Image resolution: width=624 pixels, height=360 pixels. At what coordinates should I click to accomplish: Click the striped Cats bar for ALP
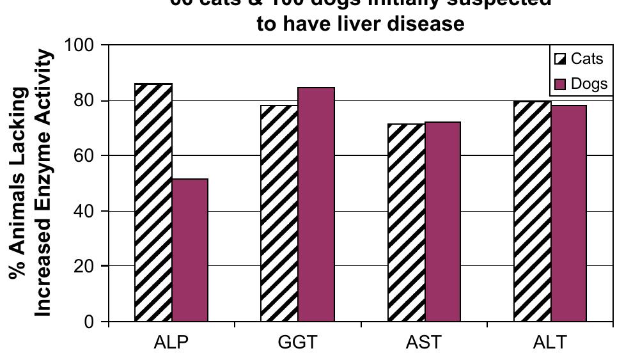point(153,202)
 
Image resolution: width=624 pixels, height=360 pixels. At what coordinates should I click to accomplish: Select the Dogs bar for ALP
point(190,250)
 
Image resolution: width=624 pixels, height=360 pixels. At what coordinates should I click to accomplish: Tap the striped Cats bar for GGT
point(279,213)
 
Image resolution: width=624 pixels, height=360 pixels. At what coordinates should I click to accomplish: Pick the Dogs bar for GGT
point(316,204)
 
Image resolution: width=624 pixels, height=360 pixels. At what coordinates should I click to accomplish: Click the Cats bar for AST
point(405,222)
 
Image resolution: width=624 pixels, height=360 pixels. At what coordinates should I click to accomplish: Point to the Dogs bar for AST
point(442,221)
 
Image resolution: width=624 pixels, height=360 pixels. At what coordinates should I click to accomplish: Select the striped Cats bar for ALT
point(532,210)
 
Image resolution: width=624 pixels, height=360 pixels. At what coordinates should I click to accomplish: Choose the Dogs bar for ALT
point(568,213)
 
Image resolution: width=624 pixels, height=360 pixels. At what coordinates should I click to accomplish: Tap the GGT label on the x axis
point(297,342)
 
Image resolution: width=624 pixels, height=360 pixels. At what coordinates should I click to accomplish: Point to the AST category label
point(423,342)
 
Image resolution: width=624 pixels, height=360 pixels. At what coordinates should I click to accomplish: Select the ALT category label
point(549,342)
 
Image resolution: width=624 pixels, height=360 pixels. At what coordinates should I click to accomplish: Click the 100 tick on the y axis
point(79,46)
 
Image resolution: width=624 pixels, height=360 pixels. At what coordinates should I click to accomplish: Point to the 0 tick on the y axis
point(90,321)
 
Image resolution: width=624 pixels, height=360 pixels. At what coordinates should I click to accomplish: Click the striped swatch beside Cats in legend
point(560,59)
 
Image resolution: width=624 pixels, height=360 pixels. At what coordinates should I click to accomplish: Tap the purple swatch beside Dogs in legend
point(560,84)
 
